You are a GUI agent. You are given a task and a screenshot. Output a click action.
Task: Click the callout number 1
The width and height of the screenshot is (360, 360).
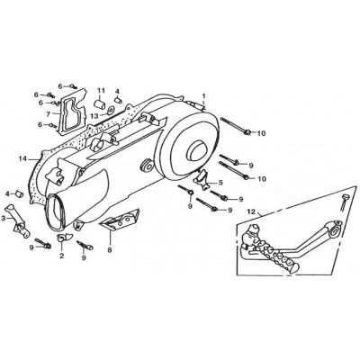pyautogui.click(x=203, y=96)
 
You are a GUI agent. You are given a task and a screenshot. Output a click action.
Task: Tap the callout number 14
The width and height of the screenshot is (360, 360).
pyautogui.click(x=23, y=158)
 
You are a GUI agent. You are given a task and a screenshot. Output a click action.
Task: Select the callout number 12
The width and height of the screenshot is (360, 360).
pyautogui.click(x=251, y=212)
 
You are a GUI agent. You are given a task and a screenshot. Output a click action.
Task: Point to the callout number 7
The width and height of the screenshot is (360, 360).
pyautogui.click(x=48, y=114)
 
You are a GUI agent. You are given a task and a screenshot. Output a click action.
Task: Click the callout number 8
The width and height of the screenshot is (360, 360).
pyautogui.click(x=110, y=249)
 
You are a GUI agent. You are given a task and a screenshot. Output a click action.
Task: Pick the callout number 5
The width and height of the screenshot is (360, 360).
pyautogui.click(x=220, y=183)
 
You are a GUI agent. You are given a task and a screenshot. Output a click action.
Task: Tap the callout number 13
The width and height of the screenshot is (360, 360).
pyautogui.click(x=95, y=116)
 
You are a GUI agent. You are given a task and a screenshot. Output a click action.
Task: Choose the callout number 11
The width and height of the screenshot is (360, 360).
pyautogui.click(x=101, y=90)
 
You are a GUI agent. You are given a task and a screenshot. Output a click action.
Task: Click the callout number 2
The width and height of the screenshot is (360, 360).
pyautogui.click(x=62, y=256)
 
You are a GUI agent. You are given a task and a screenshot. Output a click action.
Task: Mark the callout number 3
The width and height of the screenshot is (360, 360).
pyautogui.click(x=3, y=219)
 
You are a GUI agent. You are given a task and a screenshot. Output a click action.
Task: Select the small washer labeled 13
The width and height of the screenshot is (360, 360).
pyautogui.click(x=110, y=110)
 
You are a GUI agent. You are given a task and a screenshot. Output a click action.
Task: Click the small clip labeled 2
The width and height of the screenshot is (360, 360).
pyautogui.click(x=65, y=237)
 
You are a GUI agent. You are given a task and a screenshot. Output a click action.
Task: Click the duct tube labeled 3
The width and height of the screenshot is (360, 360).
pyautogui.click(x=17, y=221)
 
